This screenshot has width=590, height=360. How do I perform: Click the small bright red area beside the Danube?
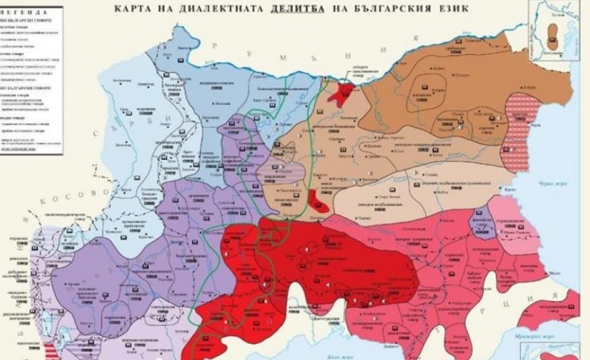click(x=340, y=92)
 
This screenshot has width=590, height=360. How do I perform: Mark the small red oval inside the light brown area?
click(x=319, y=200)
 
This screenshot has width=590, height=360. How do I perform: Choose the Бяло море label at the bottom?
click(x=339, y=353)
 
